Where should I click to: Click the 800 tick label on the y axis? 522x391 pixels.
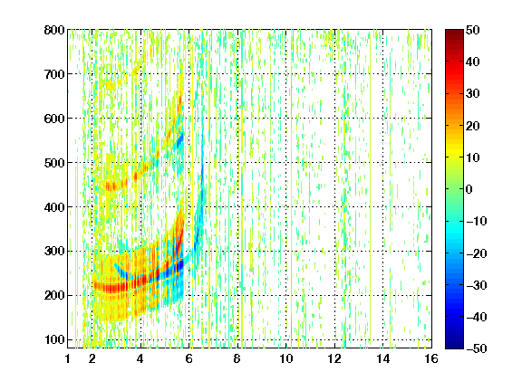[x=54, y=30]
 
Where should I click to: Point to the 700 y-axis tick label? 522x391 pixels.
[x=54, y=74]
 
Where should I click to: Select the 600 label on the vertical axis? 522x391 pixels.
[x=54, y=119]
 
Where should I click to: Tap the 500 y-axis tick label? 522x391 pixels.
[x=54, y=163]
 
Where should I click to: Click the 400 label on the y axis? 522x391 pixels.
[x=54, y=207]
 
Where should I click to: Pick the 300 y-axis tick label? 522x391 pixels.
[x=54, y=251]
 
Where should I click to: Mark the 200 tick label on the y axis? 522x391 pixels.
[x=54, y=295]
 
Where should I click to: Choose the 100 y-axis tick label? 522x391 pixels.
[x=54, y=339]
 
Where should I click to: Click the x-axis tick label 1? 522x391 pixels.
[x=68, y=358]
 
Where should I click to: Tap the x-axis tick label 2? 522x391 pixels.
[x=92, y=358]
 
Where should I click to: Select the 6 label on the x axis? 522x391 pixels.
[x=189, y=358]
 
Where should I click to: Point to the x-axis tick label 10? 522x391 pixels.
[x=286, y=358]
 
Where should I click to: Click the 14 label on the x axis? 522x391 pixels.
[x=383, y=358]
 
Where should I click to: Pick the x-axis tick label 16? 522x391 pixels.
[x=431, y=358]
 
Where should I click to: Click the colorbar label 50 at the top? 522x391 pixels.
[x=472, y=30]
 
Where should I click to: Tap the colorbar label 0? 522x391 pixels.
[x=469, y=189]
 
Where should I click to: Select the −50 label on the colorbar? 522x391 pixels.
[x=477, y=348]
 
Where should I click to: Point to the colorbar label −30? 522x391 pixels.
[x=477, y=285]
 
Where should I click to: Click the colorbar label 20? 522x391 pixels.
[x=472, y=126]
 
